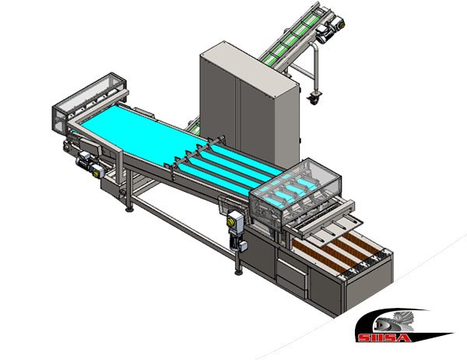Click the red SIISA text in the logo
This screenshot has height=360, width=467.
[x=384, y=337]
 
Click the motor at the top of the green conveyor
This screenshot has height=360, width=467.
[x=331, y=27]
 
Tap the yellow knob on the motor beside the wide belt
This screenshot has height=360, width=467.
[x=96, y=173]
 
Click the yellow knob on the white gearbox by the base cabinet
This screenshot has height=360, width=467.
[x=230, y=222]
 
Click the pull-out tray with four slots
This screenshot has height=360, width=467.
[x=331, y=229]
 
